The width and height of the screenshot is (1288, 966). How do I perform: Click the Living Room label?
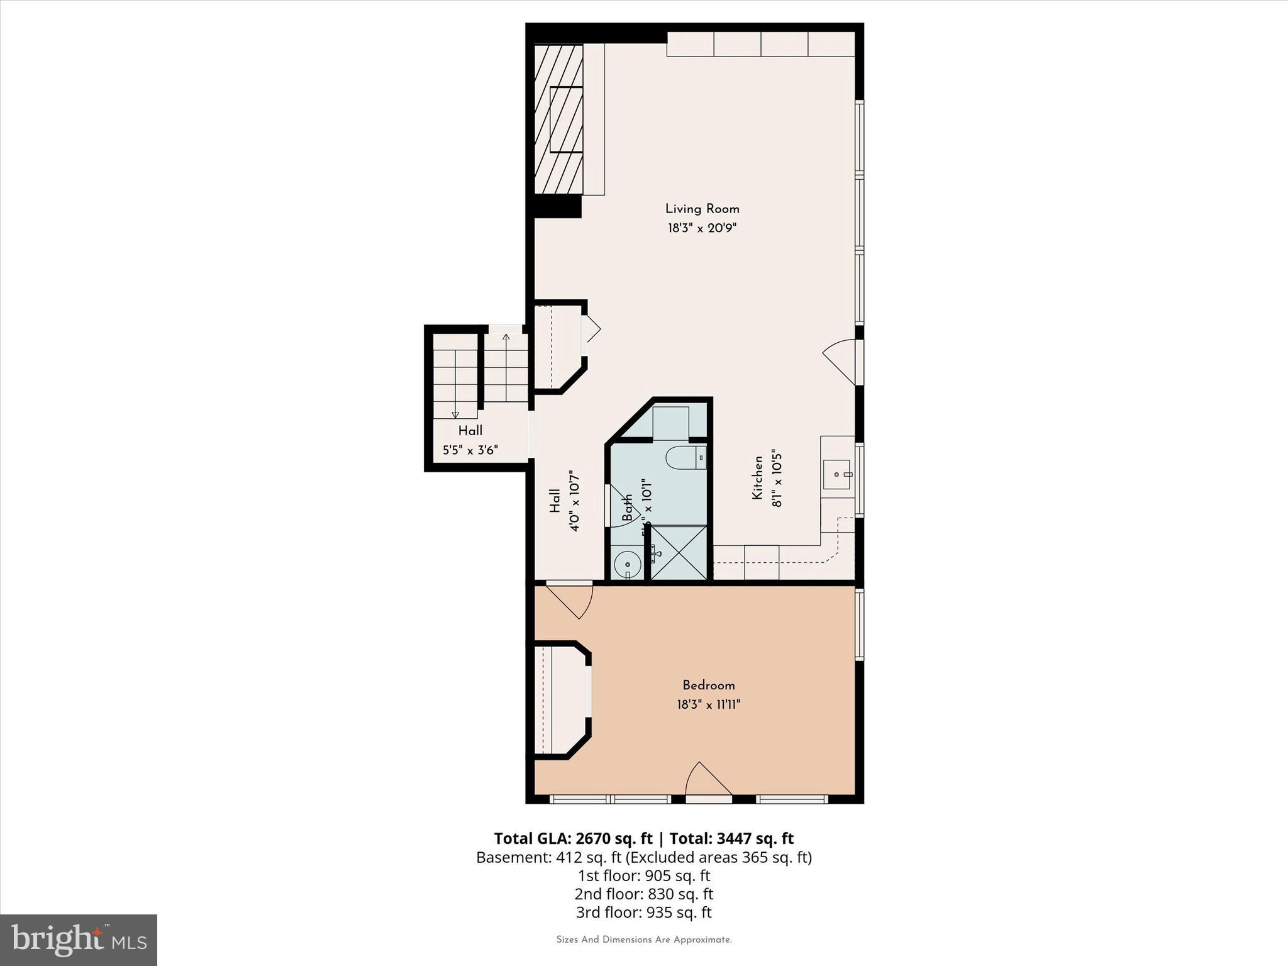[702, 209]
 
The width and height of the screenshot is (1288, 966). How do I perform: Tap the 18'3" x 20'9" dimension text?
[702, 228]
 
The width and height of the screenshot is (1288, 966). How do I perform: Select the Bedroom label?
[708, 685]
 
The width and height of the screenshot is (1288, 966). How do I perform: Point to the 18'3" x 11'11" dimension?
[708, 704]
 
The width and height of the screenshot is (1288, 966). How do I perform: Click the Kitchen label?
[758, 478]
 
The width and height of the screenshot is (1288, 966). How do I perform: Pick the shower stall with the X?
[679, 552]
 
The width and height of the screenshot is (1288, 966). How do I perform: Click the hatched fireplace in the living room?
[558, 119]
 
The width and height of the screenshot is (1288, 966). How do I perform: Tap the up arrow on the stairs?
[506, 338]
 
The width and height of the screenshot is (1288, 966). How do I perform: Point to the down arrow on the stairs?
[455, 414]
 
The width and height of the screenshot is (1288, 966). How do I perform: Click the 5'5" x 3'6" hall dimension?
[470, 450]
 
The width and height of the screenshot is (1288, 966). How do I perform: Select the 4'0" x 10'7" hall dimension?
[574, 501]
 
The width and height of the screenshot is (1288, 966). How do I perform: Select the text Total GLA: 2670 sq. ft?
[573, 838]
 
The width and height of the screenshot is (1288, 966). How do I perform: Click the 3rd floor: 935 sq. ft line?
[643, 912]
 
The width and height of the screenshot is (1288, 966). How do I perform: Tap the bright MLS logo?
[79, 940]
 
